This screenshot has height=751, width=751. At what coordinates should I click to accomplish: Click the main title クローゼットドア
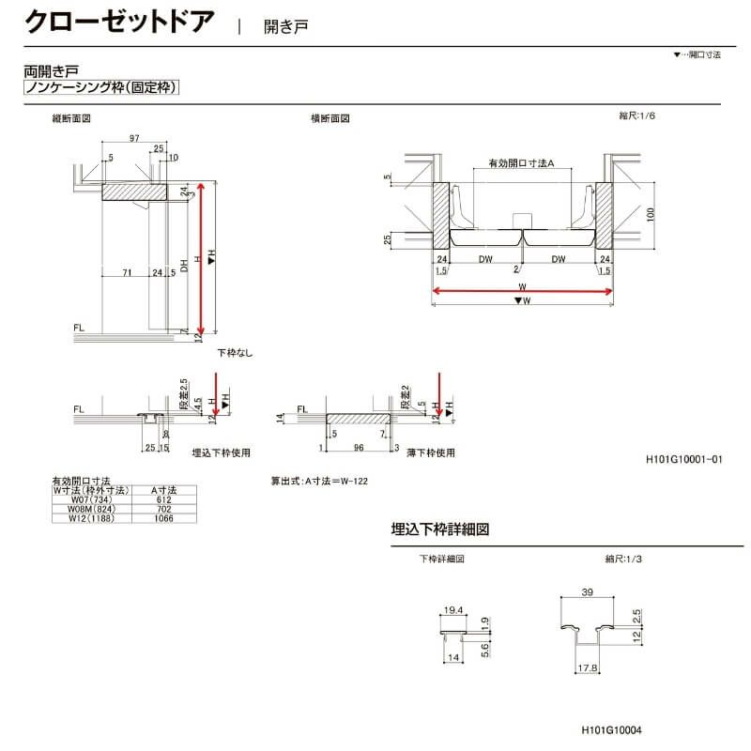tap(119, 22)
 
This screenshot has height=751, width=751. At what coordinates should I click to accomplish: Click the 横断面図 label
tap(330, 119)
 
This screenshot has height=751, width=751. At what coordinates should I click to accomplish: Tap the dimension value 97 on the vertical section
tap(135, 138)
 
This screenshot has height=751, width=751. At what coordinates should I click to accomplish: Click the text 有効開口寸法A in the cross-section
tap(522, 163)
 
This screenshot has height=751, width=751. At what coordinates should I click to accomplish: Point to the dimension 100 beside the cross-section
tap(651, 214)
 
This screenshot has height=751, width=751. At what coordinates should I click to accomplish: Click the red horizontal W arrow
tap(522, 291)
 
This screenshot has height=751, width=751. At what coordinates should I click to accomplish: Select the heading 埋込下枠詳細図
tap(440, 529)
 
